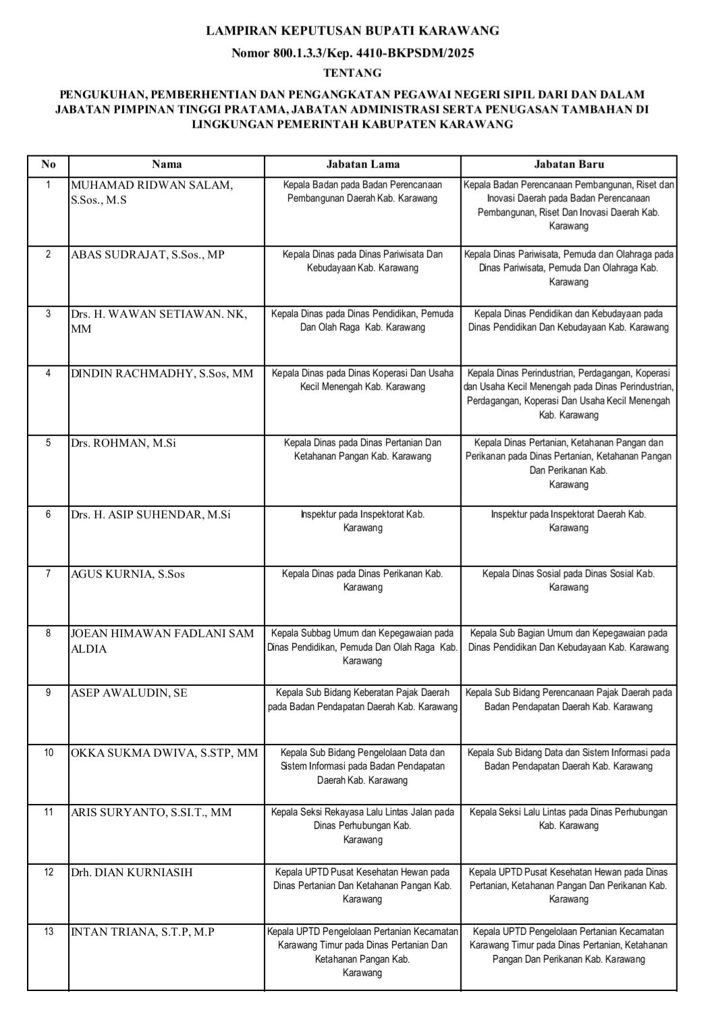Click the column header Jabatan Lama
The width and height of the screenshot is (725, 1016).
(362, 164)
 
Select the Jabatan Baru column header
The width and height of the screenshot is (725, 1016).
(568, 164)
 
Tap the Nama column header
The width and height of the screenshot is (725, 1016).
(166, 164)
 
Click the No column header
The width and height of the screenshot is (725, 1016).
(48, 164)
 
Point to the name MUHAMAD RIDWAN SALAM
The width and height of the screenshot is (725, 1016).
(152, 186)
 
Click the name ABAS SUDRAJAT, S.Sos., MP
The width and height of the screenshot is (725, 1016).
(148, 255)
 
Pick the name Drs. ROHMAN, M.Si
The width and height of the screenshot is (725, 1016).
(124, 444)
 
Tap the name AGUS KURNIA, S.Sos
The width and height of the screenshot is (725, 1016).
(128, 574)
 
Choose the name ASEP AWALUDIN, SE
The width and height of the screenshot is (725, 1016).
(129, 693)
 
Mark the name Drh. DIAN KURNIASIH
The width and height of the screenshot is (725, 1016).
(132, 872)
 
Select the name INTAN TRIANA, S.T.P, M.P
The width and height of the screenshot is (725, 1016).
(143, 932)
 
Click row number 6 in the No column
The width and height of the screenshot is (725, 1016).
(48, 514)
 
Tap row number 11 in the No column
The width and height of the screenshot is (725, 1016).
(48, 812)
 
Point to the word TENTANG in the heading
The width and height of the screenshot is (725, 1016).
(352, 72)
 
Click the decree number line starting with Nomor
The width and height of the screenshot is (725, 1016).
(352, 53)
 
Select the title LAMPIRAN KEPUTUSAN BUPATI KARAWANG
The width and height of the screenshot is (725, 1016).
(352, 30)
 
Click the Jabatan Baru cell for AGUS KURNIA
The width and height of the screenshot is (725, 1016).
(568, 581)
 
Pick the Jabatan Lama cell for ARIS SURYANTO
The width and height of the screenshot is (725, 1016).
(362, 826)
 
